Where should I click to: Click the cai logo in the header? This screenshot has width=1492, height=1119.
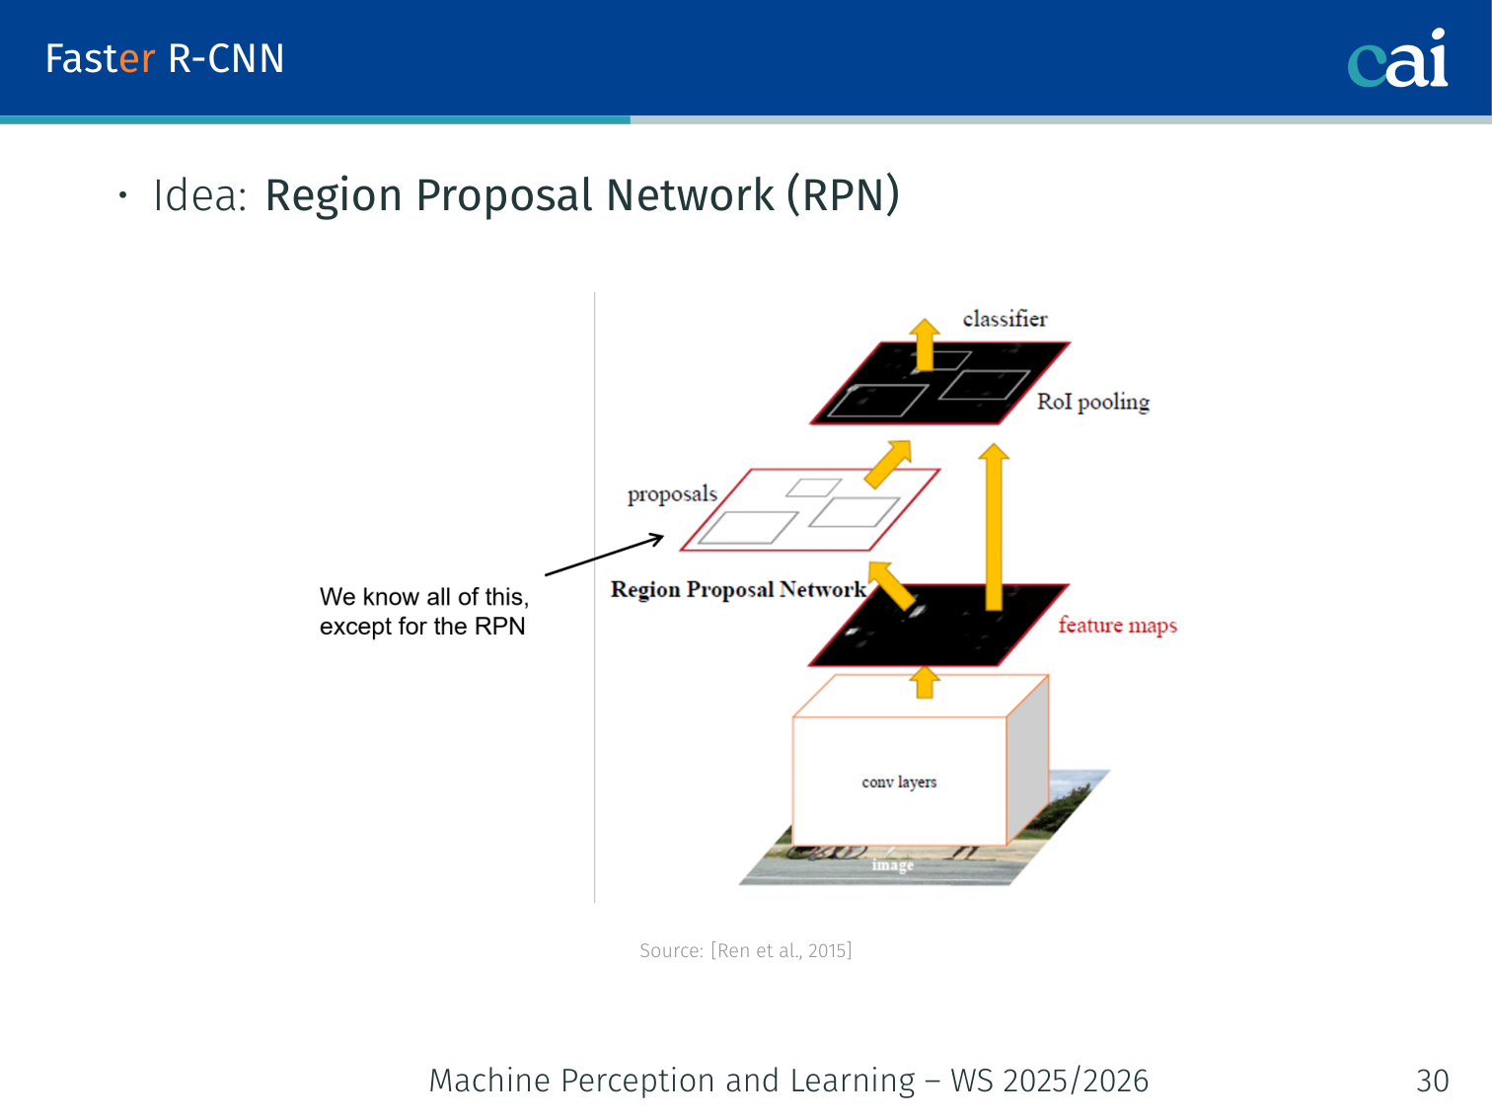(x=1397, y=59)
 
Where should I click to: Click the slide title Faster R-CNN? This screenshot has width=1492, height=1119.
(x=165, y=59)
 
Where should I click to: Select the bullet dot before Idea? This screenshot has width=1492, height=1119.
(x=122, y=195)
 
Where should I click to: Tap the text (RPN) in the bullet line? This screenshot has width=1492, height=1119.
(x=843, y=195)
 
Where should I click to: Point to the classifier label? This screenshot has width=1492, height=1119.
(x=1005, y=319)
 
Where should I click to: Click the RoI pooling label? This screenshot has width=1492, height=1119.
(x=1092, y=402)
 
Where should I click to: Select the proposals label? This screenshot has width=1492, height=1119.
(x=672, y=493)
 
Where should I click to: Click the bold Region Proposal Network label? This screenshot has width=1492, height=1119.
(x=738, y=589)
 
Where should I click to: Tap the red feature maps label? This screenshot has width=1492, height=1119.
(x=1117, y=626)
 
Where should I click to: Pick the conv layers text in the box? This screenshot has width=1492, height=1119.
(x=899, y=783)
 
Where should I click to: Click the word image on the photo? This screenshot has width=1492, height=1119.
(x=892, y=865)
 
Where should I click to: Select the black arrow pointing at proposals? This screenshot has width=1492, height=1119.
(x=604, y=556)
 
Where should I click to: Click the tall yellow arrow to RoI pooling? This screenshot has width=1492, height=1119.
(x=994, y=523)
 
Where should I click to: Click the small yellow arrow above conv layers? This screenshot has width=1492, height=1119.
(x=925, y=682)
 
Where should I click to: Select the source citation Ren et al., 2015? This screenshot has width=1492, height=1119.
(x=745, y=950)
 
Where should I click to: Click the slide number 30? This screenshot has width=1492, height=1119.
(x=1432, y=1081)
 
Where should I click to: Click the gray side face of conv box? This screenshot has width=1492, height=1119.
(x=1027, y=760)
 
